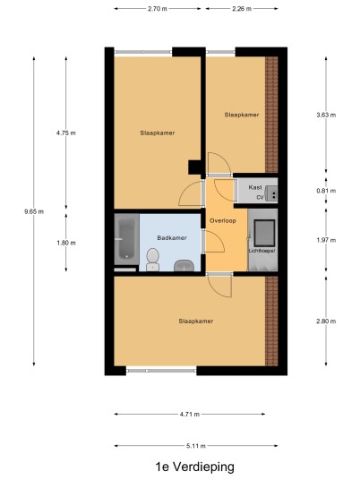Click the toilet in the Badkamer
tap(152, 260)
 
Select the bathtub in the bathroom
tap(126, 239)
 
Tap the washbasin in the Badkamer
tap(184, 266)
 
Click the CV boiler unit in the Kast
tap(271, 193)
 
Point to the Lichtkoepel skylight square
tap(264, 233)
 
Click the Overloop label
tap(223, 220)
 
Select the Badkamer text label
tap(172, 238)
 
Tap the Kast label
tap(255, 187)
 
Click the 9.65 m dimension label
tap(34, 211)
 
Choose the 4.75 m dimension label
tap(65, 133)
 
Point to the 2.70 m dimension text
tap(158, 9)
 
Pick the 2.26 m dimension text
tap(242, 9)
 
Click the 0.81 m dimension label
tap(326, 191)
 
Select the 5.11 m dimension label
tap(196, 446)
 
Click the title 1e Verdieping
tap(195, 467)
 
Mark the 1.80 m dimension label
tap(65, 243)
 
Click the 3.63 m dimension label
tap(326, 115)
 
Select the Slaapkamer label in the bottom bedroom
tap(196, 321)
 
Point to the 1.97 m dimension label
tap(326, 240)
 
